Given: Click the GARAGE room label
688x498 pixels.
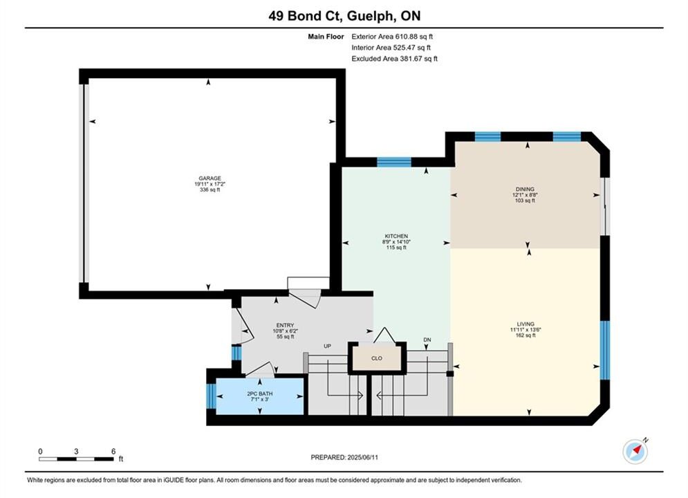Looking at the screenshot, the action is coord(210,178).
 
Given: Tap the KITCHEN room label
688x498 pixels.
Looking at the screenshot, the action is coord(396,236).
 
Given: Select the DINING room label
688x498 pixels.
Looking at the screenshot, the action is coord(525,189).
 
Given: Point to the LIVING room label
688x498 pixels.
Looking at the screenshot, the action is coord(526,324).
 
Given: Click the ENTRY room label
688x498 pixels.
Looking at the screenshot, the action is coord(285,326).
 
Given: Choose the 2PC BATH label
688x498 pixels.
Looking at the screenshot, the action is coord(260,394).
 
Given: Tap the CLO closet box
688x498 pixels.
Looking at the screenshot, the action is coord(377,358).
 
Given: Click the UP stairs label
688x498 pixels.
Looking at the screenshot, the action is coord(327,347).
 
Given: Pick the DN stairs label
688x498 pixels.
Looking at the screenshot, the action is coord(427,340).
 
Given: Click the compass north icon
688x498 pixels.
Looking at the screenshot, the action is coord(635,451).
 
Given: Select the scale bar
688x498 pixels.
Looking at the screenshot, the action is coord(76,459).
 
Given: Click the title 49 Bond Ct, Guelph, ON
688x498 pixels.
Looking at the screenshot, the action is coord(344,16).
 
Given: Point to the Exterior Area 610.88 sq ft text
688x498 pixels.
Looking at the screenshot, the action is coord(392,37).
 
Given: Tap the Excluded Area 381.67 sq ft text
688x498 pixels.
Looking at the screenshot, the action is coord(394,58).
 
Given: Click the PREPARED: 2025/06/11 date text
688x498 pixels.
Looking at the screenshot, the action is coord(344,457).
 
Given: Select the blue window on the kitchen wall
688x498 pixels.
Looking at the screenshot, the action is coord(394,163).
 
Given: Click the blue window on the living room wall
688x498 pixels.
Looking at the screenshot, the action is coord(604,350).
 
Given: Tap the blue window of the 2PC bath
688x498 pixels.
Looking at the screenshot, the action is coord(211,396).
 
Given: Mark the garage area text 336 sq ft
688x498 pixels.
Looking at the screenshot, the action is coord(210,190).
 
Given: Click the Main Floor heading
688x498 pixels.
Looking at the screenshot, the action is coord(326,37).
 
